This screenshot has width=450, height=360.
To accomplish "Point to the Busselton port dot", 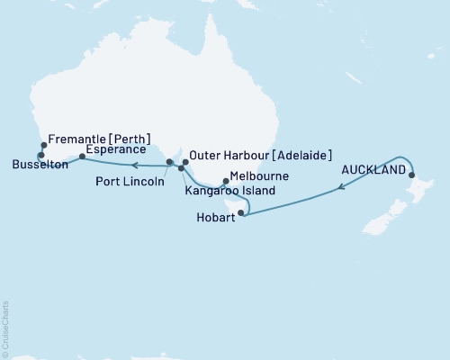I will pos(40,156).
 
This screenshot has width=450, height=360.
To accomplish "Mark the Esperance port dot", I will pos(82,157).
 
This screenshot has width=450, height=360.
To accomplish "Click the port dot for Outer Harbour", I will pos(185,163).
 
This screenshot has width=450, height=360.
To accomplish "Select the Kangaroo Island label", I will pos(230,191).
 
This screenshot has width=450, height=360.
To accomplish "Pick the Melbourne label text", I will pos(253,177).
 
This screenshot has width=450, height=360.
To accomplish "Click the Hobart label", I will pos(217,218).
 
